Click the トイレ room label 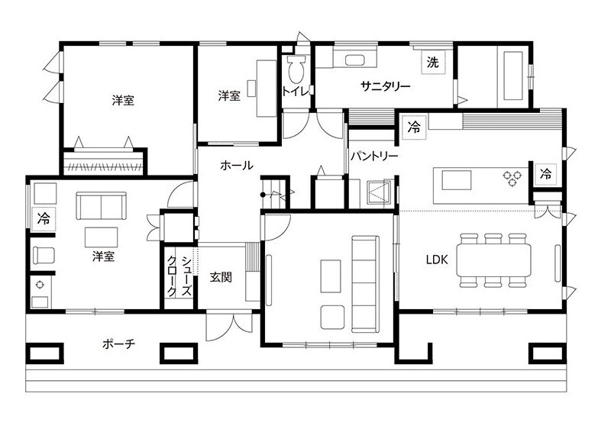pyautogui.click(x=295, y=92)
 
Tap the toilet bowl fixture pyautogui.click(x=297, y=69)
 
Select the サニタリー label pyautogui.click(x=386, y=86)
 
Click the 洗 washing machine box pyautogui.click(x=433, y=62)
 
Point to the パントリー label pyautogui.click(x=374, y=156)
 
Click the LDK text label pyautogui.click(x=437, y=260)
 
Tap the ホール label pyautogui.click(x=237, y=165)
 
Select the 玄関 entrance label pyautogui.click(x=221, y=277)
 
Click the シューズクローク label pyautogui.click(x=179, y=276)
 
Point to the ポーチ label pyautogui.click(x=118, y=344)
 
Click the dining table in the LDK pyautogui.click(x=494, y=260)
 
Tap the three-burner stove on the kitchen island pyautogui.click(x=512, y=179)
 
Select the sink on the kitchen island pyautogui.click(x=457, y=180)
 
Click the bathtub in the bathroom pyautogui.click(x=513, y=76)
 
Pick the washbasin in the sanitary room pyautogui.click(x=355, y=60)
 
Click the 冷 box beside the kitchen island pyautogui.click(x=546, y=174)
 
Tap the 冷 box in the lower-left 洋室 pyautogui.click(x=44, y=219)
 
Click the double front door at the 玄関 pyautogui.click(x=229, y=327)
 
